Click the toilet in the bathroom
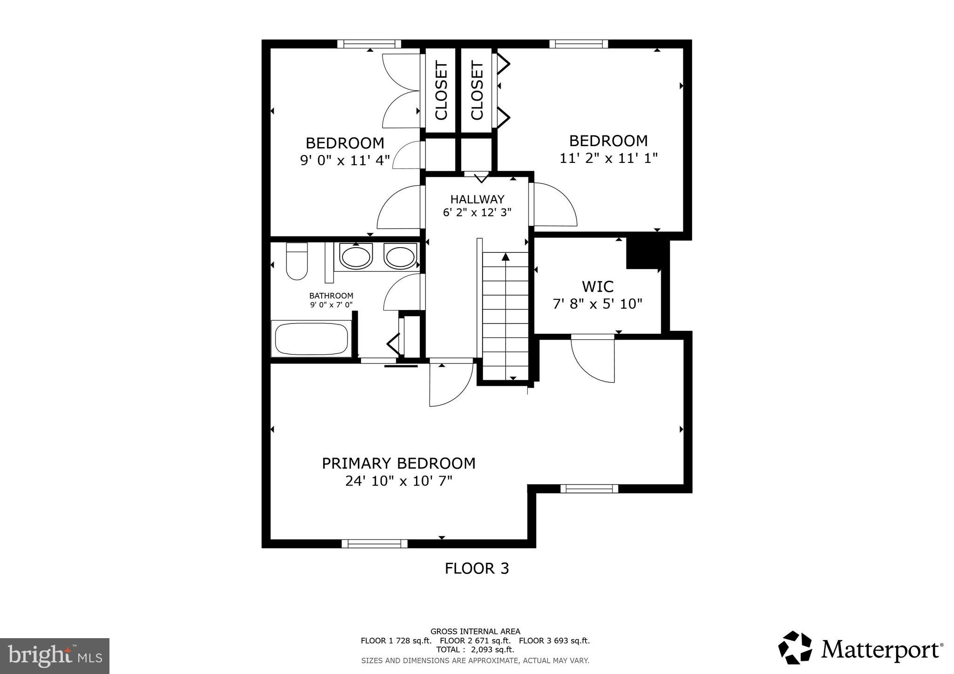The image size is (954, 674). point(297,262)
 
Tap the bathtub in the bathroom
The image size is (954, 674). point(312,339)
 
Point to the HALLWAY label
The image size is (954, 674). point(477,199)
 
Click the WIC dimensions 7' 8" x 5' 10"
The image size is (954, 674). point(597,304)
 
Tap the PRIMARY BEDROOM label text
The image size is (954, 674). point(399,463)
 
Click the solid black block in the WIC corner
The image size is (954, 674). point(643,253)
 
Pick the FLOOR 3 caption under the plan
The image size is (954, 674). point(477,568)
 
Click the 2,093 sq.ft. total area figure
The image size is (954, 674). point(493,649)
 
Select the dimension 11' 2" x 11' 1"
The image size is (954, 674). point(608,158)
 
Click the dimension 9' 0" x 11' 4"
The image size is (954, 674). point(345,161)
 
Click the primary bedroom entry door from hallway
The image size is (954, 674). point(450,383)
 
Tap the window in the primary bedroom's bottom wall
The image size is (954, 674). point(375,543)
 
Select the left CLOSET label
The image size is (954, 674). point(441,90)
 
